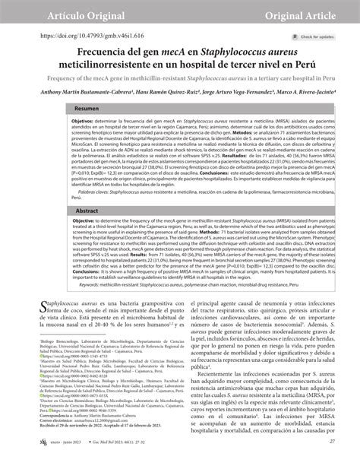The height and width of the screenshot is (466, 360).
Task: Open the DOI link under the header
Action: tap(82, 35)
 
